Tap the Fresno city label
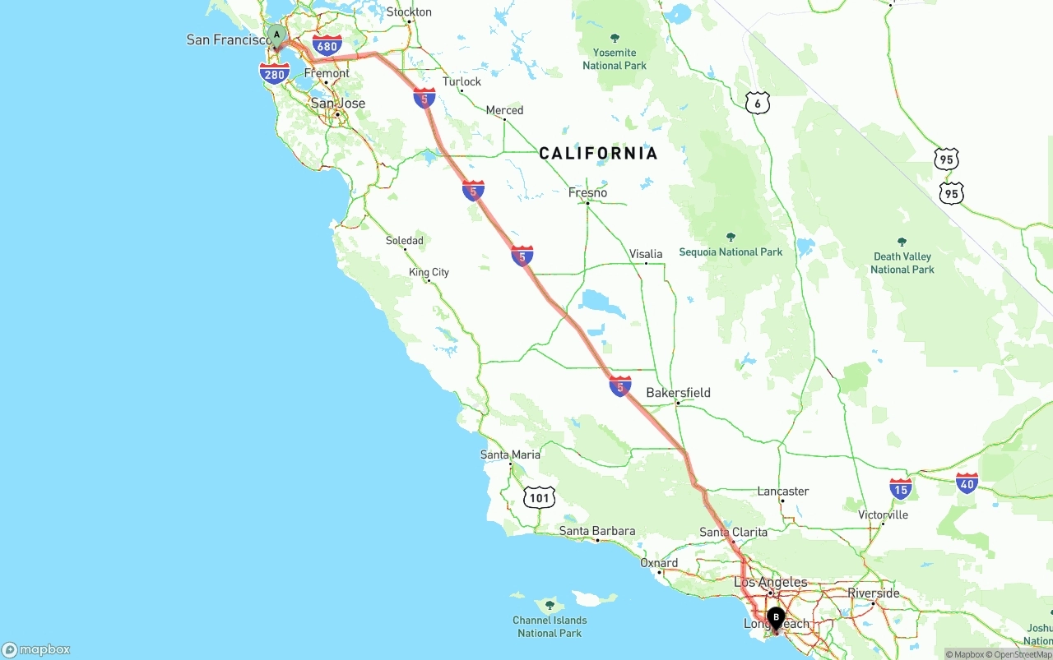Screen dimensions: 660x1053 click(x=587, y=192)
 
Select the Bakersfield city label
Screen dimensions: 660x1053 click(x=678, y=393)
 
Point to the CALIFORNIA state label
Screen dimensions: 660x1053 click(x=598, y=153)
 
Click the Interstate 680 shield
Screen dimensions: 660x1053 click(x=327, y=45)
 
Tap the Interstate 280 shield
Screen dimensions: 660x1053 click(x=274, y=74)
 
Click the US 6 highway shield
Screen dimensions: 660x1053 click(x=758, y=103)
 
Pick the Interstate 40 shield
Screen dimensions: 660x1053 click(x=967, y=482)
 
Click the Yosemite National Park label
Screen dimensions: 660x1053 click(x=615, y=58)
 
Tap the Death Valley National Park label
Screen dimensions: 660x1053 click(x=902, y=262)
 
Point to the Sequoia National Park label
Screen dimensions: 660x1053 click(x=731, y=252)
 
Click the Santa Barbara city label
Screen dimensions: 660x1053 click(x=597, y=531)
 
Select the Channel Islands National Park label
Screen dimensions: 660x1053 click(x=550, y=626)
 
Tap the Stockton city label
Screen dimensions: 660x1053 click(x=409, y=12)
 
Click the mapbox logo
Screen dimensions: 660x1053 click(x=36, y=649)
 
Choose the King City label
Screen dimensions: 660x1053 click(x=429, y=272)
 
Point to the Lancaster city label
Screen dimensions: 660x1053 click(x=782, y=492)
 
